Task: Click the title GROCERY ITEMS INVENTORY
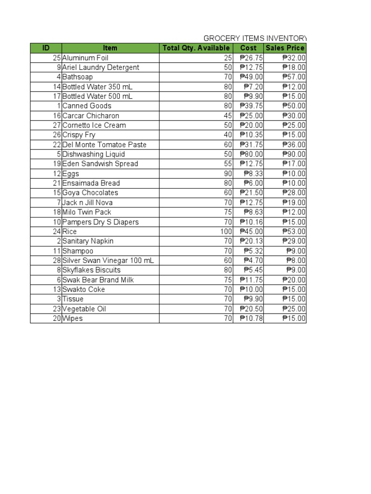point(255,38)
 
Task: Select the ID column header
point(46,48)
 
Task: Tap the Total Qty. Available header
point(196,48)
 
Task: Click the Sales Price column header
point(285,48)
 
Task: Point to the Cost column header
point(248,48)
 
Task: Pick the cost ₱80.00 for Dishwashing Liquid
point(251,154)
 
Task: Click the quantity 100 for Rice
point(227,232)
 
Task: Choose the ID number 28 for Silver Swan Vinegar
point(57,261)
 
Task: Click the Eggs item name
point(71,174)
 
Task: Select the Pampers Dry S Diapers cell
point(100,222)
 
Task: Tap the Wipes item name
point(72,318)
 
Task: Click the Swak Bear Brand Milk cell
point(98,280)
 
